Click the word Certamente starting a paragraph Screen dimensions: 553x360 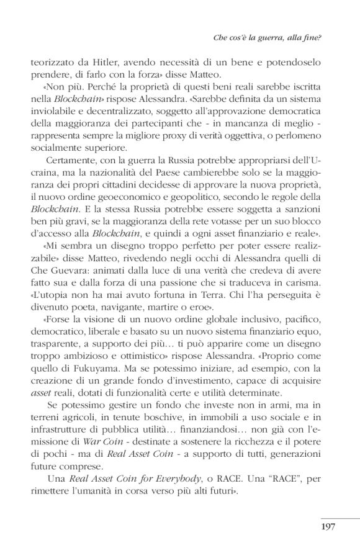(68, 158)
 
